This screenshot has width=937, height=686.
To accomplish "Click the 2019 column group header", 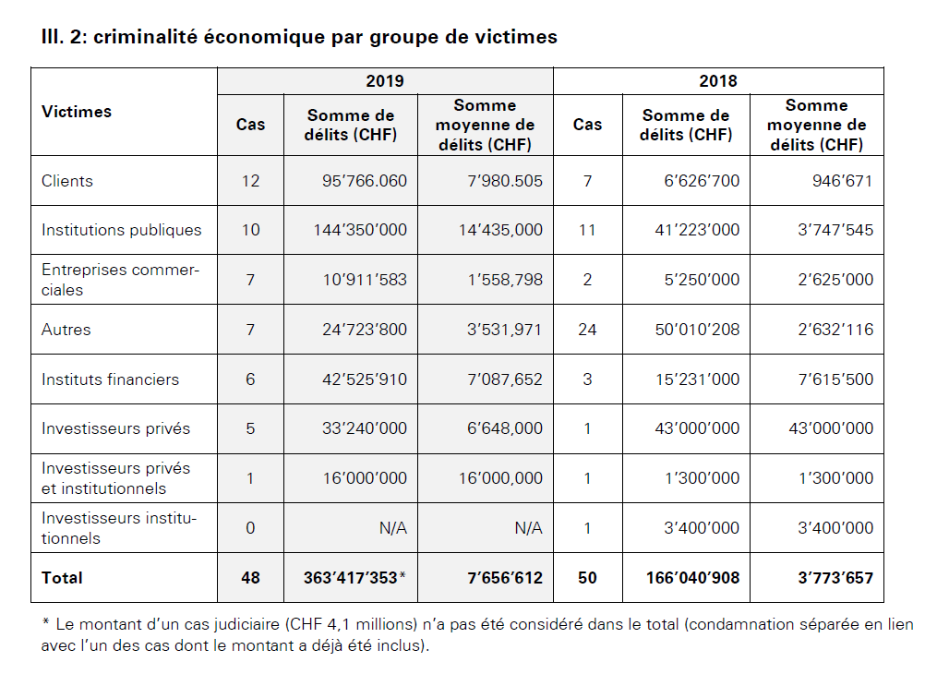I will click(385, 81).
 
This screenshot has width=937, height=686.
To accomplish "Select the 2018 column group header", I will click(717, 81).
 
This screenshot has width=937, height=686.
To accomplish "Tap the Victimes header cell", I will click(77, 112).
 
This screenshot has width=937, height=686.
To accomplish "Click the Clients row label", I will click(67, 181).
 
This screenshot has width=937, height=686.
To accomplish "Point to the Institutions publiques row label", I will click(121, 230).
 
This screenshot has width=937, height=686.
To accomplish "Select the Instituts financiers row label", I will click(110, 379).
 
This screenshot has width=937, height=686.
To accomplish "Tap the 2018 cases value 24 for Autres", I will click(587, 330).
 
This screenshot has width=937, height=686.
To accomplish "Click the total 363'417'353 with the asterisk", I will click(355, 578).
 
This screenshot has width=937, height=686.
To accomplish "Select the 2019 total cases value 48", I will click(250, 578).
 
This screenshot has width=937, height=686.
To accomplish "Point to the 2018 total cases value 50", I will click(587, 578).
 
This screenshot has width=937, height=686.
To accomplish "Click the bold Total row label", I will click(62, 578).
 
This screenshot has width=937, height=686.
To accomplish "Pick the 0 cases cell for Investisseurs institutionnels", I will click(250, 528).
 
